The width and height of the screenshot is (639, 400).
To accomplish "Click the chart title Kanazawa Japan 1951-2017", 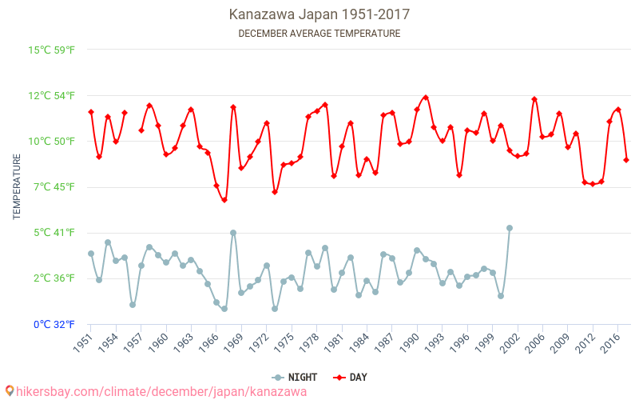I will click(x=319, y=14).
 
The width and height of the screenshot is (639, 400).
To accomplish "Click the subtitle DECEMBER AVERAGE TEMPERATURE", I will click(x=319, y=34).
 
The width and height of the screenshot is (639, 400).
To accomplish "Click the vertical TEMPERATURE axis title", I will click(x=17, y=187).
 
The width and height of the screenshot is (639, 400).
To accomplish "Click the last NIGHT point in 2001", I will click(x=510, y=228).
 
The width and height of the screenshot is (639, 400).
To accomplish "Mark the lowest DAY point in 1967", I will click(x=224, y=200).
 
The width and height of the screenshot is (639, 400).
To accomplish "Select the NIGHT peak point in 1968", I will click(x=233, y=233).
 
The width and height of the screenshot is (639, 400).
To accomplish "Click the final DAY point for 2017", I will click(x=626, y=160).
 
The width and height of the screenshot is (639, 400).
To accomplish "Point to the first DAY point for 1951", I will click(x=91, y=112).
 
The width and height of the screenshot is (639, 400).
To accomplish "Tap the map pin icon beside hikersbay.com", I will click(x=9, y=391).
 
